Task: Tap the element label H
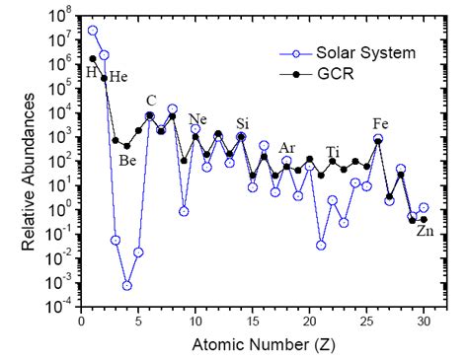pyautogui.click(x=91, y=72)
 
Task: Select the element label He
pyautogui.click(x=117, y=77)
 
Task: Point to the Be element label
pyautogui.click(x=127, y=161)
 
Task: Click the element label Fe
pyautogui.click(x=380, y=123)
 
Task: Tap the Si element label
pyautogui.click(x=242, y=123)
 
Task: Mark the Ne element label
pyautogui.click(x=198, y=119)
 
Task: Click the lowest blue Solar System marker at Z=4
pyautogui.click(x=127, y=286)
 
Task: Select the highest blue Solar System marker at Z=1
pyautogui.click(x=93, y=31)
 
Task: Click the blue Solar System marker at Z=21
pyautogui.click(x=321, y=245)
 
